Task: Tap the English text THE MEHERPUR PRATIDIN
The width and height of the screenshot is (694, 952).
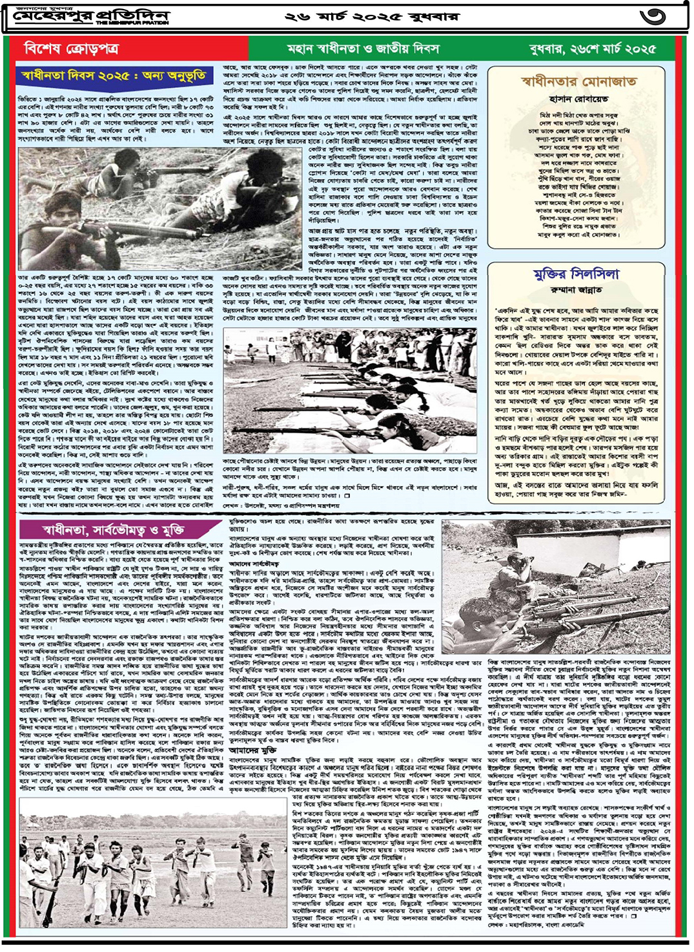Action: [132, 23]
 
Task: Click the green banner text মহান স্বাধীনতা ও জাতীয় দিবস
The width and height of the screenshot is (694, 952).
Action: [363, 48]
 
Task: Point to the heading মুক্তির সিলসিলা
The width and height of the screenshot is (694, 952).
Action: [577, 274]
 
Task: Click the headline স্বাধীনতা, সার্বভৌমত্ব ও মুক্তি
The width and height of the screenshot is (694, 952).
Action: [113, 530]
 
